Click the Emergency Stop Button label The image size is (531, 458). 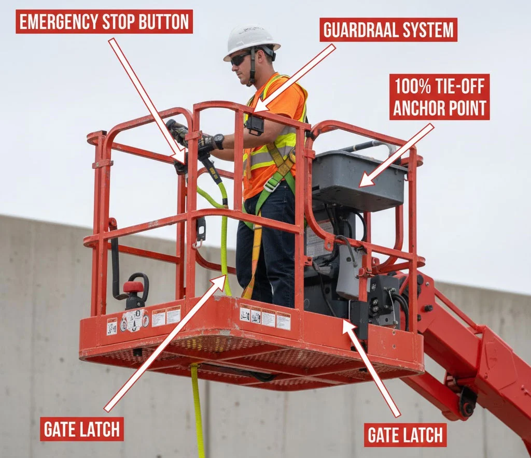[104, 21]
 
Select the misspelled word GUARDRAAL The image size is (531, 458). [363, 30]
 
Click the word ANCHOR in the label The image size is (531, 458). [418, 108]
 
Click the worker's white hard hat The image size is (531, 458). [250, 40]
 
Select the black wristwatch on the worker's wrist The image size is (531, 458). [219, 141]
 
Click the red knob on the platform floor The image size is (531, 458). [133, 287]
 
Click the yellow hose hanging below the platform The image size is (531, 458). [197, 409]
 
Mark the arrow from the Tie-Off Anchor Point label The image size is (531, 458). [397, 155]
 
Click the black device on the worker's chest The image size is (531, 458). [255, 124]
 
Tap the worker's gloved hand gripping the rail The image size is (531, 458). [179, 132]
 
